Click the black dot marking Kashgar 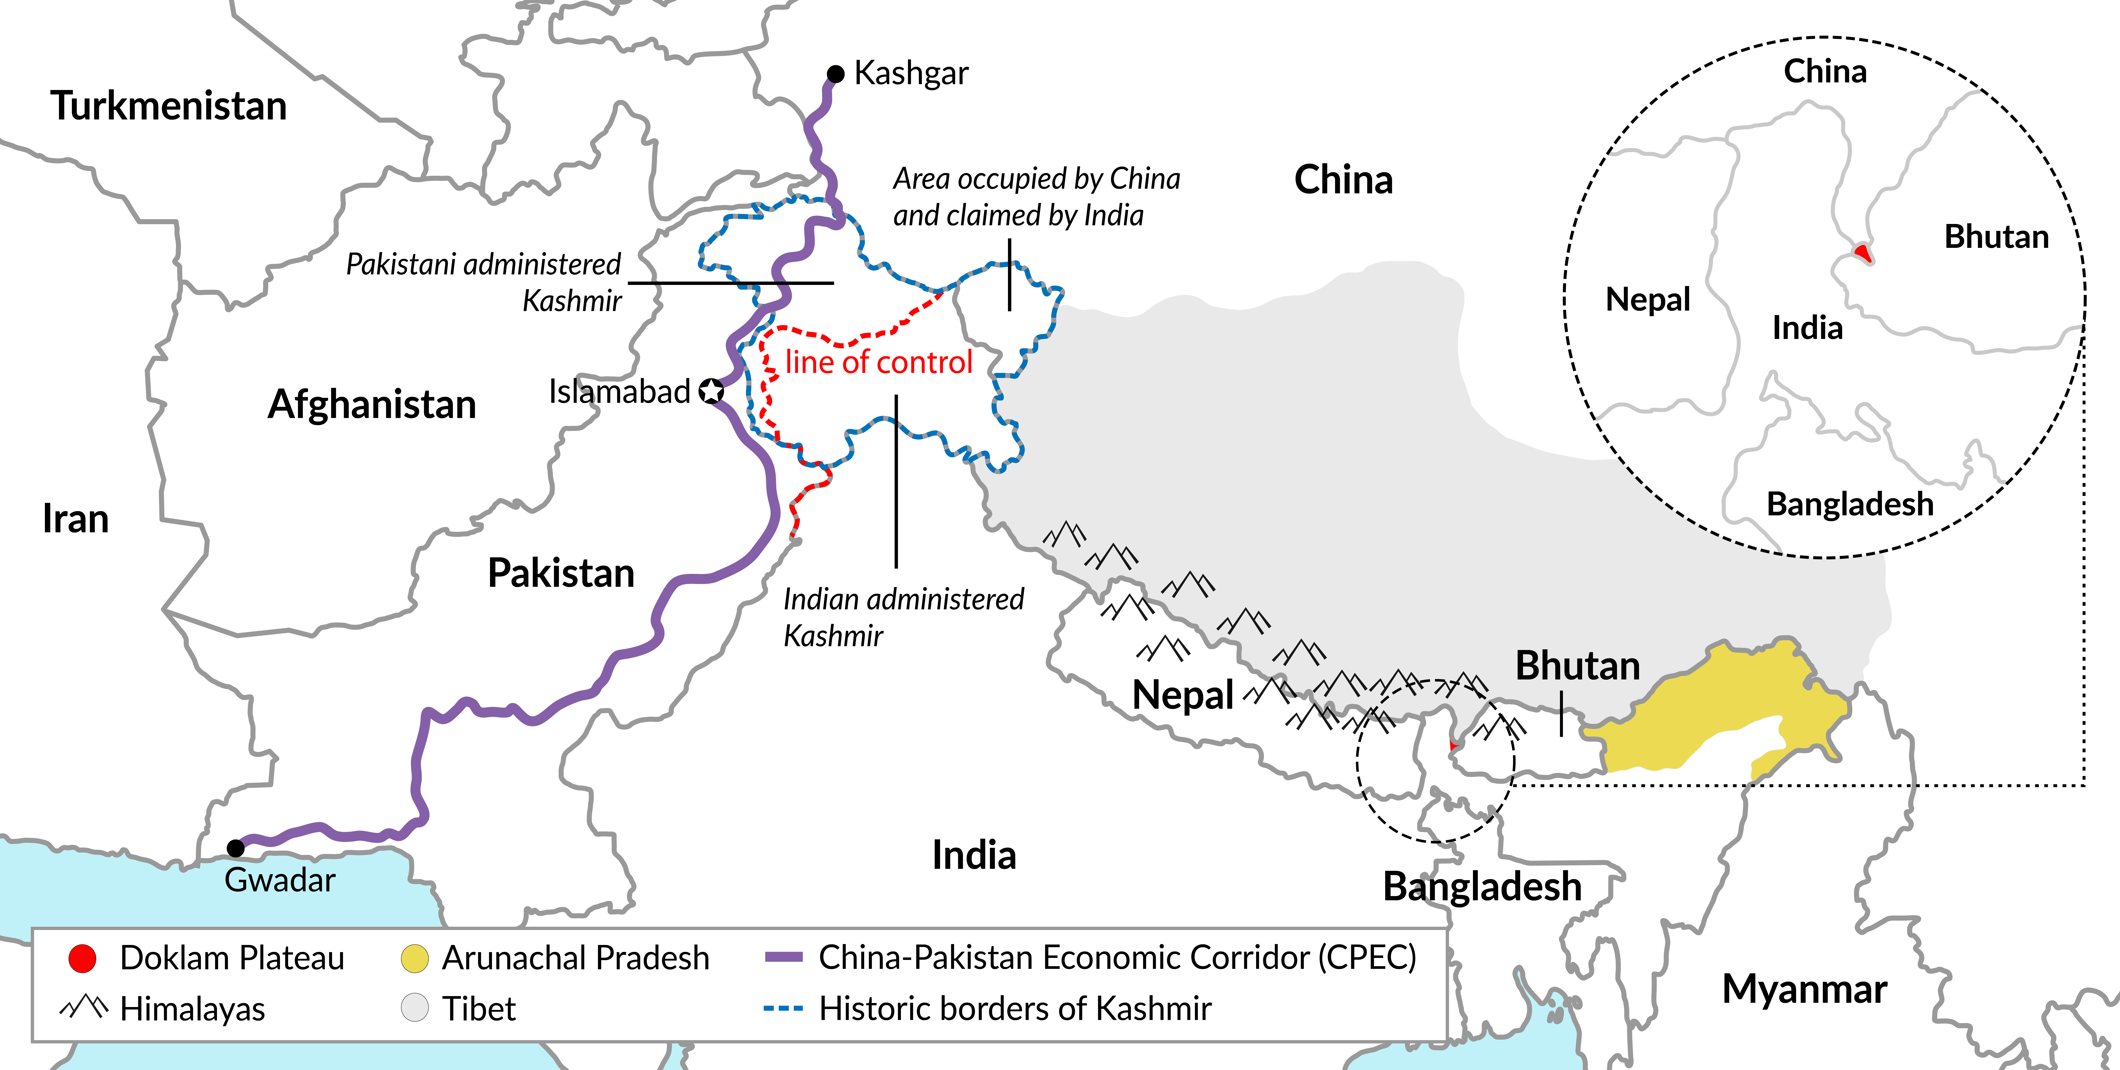click(x=835, y=74)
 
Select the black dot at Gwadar click(x=235, y=848)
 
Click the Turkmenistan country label click(x=169, y=106)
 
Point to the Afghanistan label click(x=372, y=404)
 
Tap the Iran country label click(x=76, y=518)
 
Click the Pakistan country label click(x=561, y=573)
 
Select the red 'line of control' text click(x=878, y=362)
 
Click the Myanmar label click(x=1804, y=988)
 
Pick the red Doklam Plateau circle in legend click(x=82, y=958)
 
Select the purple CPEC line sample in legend click(x=783, y=957)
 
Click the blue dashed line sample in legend click(x=783, y=1008)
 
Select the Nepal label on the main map click(x=1183, y=696)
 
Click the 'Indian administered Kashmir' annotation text click(x=903, y=617)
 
